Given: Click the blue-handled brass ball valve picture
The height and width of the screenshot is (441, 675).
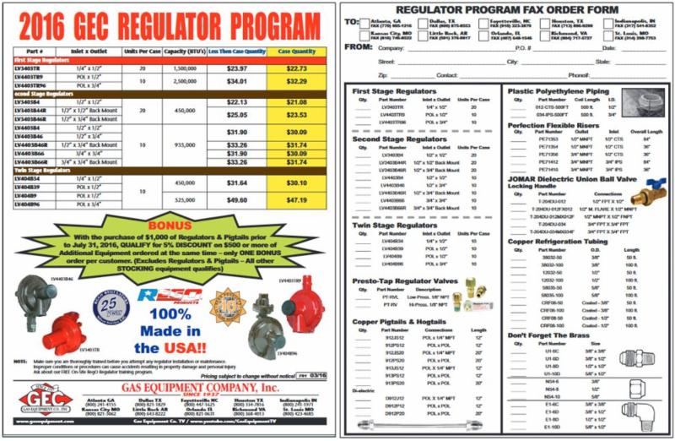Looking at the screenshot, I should pyautogui.click(x=646, y=195).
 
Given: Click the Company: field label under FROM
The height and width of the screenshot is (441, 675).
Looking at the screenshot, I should pyautogui.click(x=394, y=48).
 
